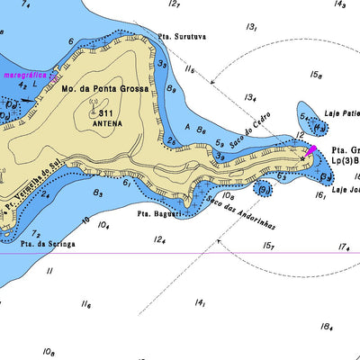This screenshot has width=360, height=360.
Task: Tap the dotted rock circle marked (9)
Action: coord(263,190)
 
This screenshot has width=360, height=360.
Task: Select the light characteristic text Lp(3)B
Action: coord(344,161)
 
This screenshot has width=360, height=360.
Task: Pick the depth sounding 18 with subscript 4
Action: coord(326,328)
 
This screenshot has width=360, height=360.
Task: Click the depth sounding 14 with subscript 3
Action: coord(339,4)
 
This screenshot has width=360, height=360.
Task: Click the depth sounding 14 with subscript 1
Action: coord(200,304)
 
